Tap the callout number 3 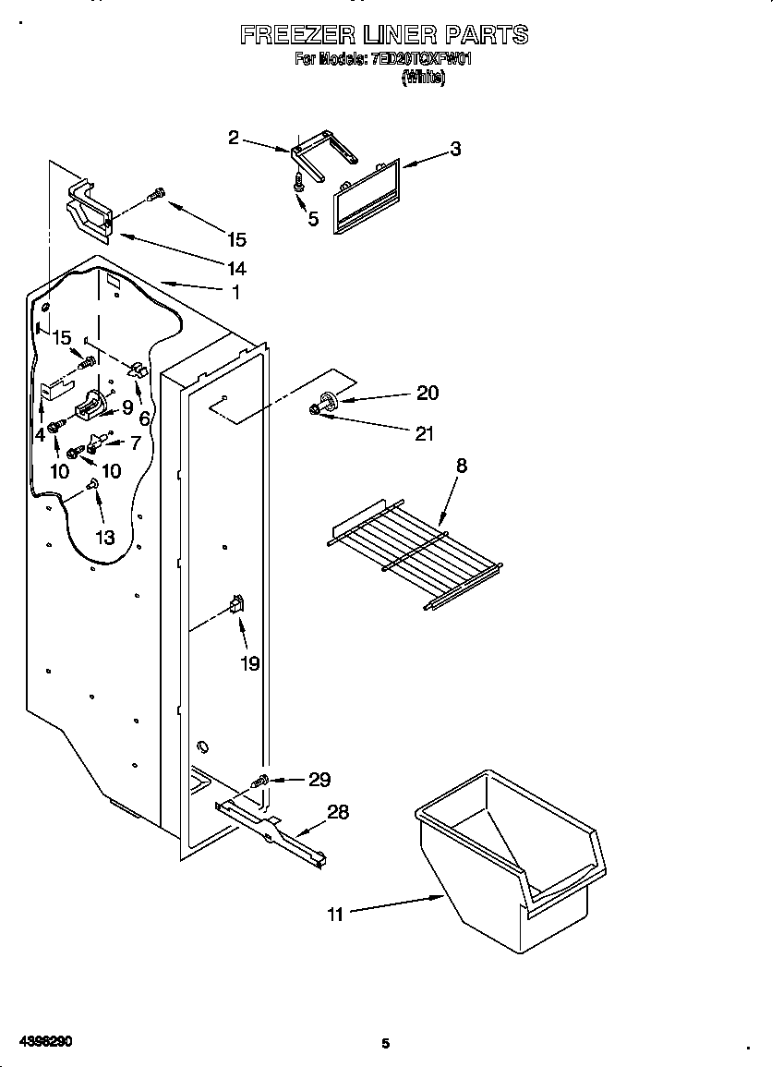(x=455, y=149)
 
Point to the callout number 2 (x=234, y=138)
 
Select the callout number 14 (x=237, y=269)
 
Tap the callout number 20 (x=427, y=393)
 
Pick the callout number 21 (x=424, y=433)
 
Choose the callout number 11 (x=335, y=915)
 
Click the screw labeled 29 (x=263, y=782)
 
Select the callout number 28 (x=338, y=812)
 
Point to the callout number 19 (x=250, y=662)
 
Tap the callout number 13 (x=105, y=537)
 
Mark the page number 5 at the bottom (x=386, y=1044)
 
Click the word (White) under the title (x=423, y=79)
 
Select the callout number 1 (x=235, y=292)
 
